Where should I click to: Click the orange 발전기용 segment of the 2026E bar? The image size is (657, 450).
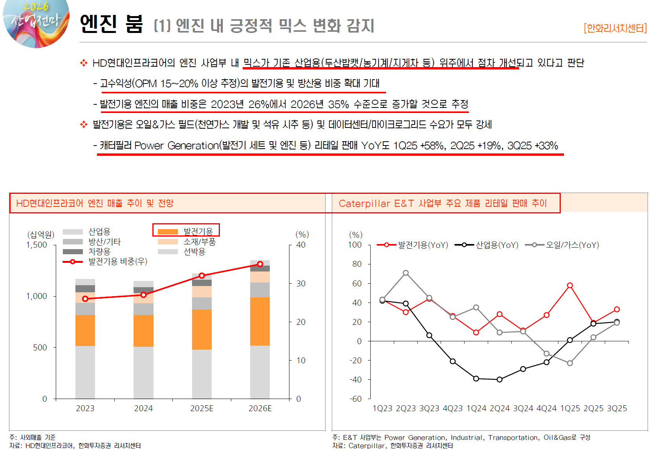click(x=260, y=321)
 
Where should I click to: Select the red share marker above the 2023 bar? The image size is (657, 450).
click(x=85, y=299)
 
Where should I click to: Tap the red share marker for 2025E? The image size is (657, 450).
click(x=202, y=276)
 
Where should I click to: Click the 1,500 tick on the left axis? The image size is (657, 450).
click(x=37, y=245)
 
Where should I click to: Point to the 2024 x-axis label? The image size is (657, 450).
click(x=143, y=408)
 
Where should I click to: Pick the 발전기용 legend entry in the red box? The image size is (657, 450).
click(x=185, y=231)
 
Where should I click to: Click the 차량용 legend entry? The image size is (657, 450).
click(x=87, y=251)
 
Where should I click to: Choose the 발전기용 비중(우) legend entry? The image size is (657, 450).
click(x=105, y=261)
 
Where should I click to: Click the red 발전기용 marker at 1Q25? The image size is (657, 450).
click(x=570, y=285)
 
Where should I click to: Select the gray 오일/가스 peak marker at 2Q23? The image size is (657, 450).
click(x=406, y=273)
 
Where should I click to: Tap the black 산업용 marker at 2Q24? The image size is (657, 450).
click(x=500, y=379)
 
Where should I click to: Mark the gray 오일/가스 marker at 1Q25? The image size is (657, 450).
click(x=570, y=363)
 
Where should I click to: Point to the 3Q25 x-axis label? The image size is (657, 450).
click(x=617, y=408)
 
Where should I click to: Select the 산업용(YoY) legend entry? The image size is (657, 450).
click(x=487, y=245)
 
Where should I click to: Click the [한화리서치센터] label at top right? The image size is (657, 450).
click(x=615, y=28)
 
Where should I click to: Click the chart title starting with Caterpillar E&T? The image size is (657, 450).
click(x=443, y=203)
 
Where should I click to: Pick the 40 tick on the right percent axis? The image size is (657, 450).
click(x=301, y=245)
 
